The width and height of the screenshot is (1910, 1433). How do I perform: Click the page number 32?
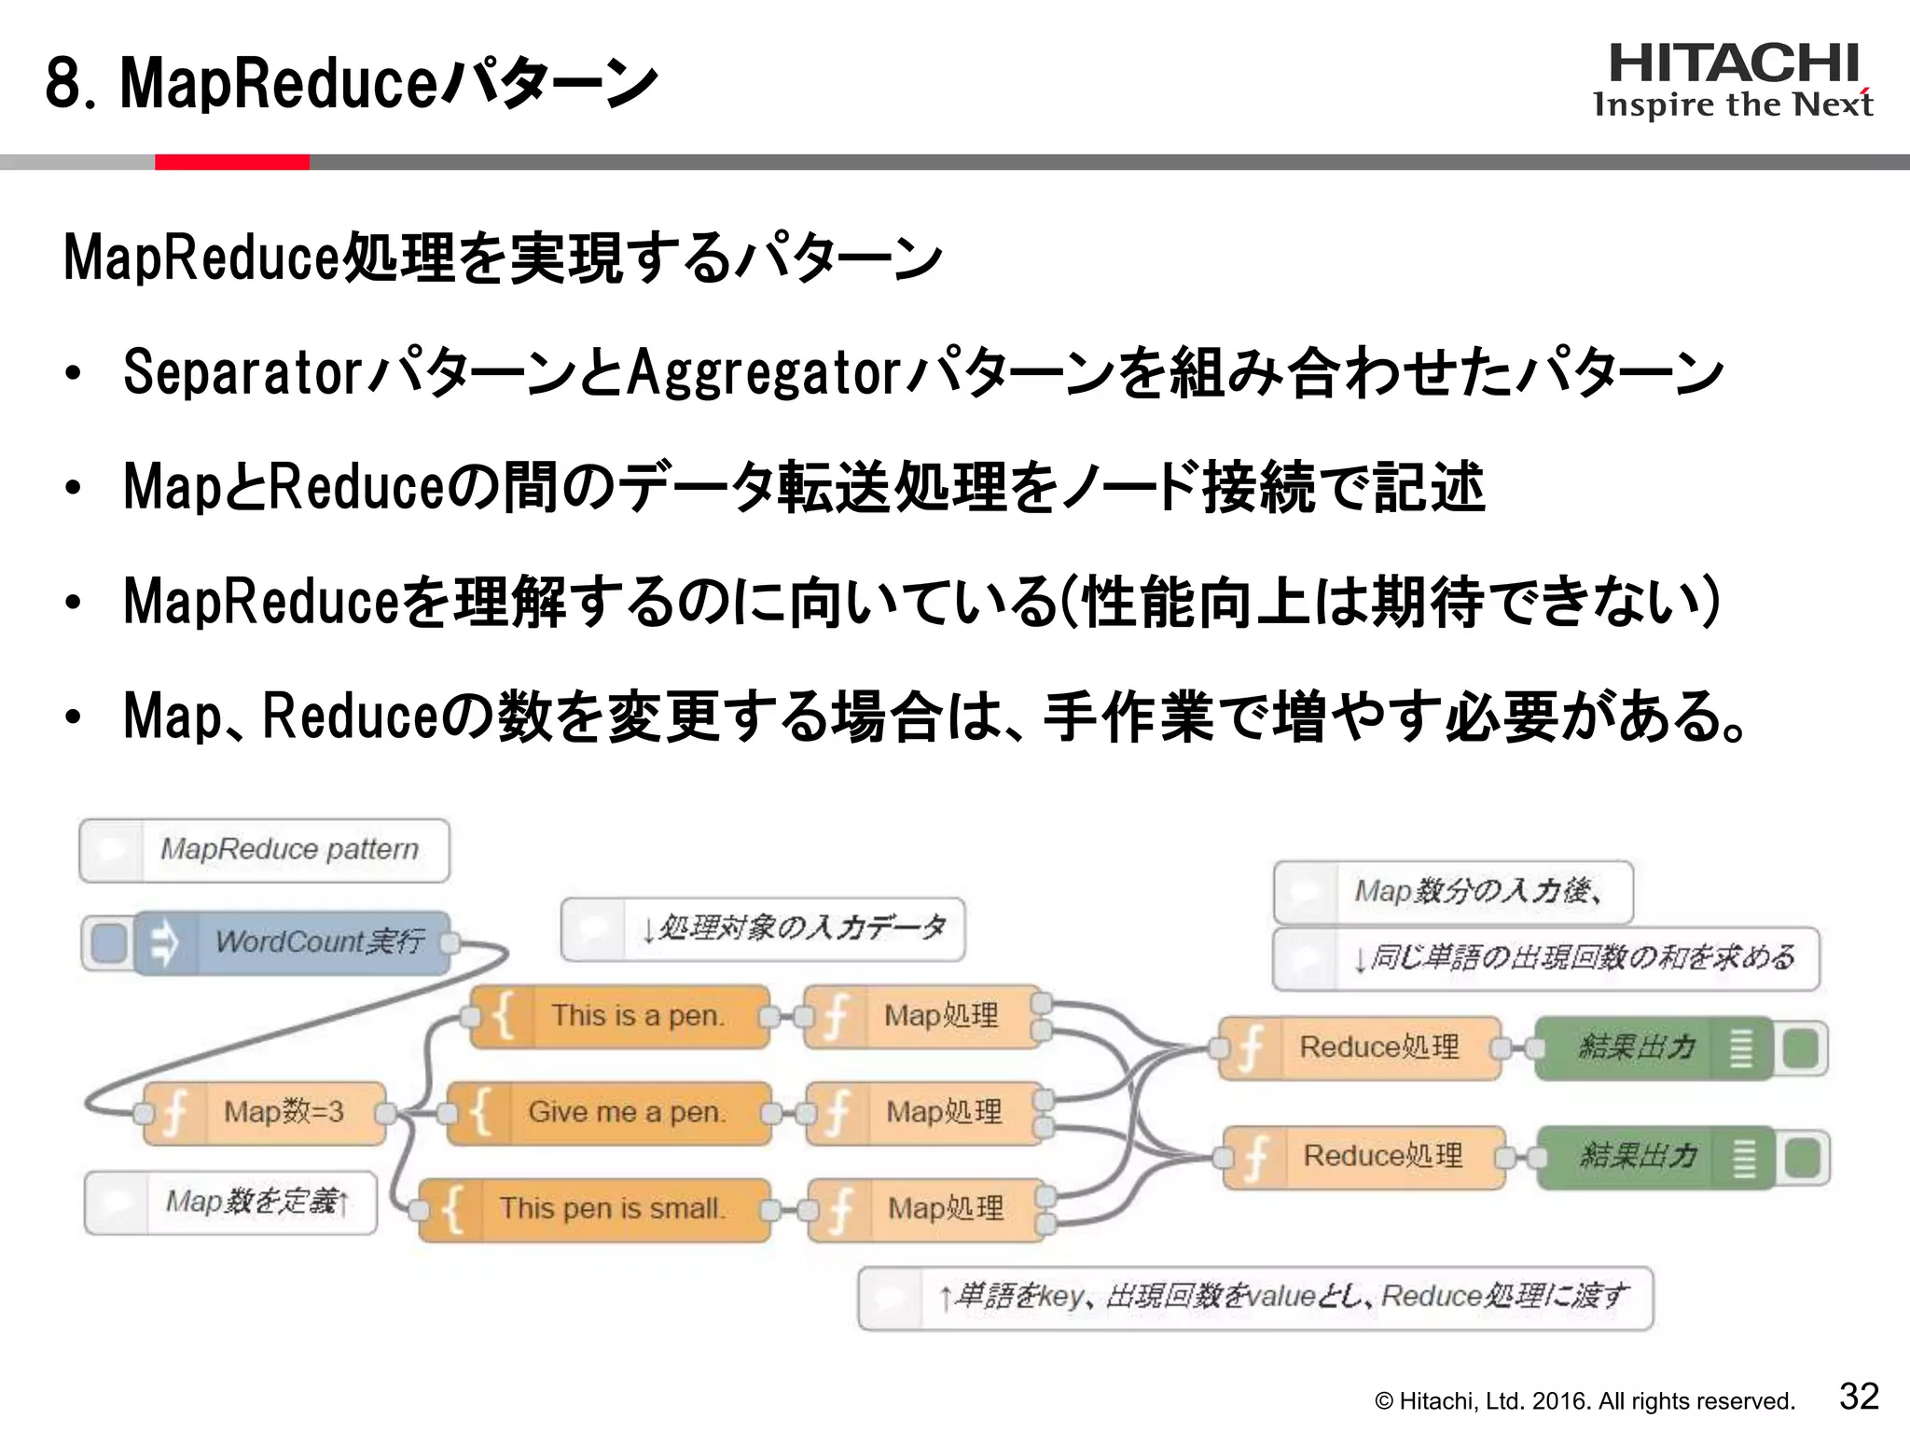click(1858, 1396)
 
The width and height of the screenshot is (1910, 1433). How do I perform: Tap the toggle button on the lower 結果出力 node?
click(1803, 1158)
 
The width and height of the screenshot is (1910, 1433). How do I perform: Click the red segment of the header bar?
click(231, 162)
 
